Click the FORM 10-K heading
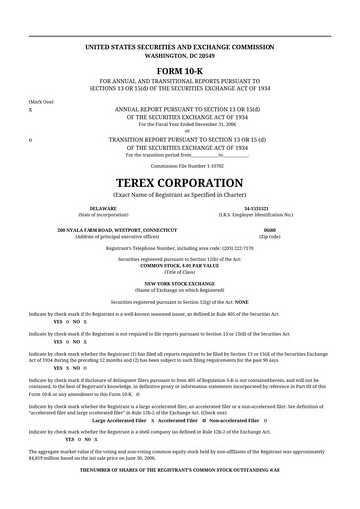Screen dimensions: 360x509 click(x=179, y=72)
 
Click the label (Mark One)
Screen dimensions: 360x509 click(x=41, y=101)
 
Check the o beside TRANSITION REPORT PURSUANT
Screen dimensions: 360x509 click(x=30, y=140)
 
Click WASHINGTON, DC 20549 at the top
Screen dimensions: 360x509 click(x=179, y=56)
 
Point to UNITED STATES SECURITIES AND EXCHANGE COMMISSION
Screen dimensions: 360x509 click(x=179, y=47)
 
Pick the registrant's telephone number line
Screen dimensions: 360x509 click(x=179, y=247)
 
